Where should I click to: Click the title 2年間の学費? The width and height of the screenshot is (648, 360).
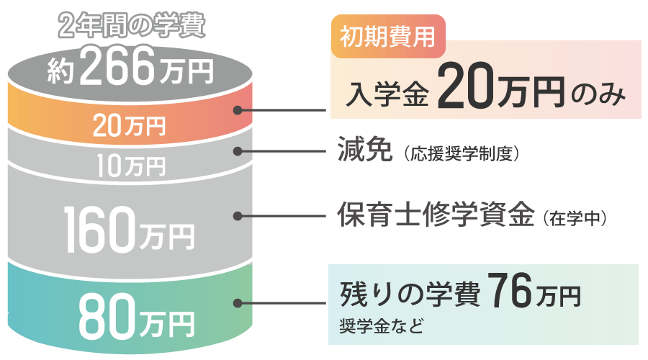click(131, 27)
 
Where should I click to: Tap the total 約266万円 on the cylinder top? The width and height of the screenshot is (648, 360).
click(131, 69)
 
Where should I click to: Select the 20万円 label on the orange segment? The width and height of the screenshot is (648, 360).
click(130, 127)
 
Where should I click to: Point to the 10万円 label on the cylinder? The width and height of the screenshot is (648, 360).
click(131, 166)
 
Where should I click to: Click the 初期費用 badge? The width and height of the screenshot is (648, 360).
click(388, 35)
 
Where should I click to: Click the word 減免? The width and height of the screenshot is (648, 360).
click(364, 150)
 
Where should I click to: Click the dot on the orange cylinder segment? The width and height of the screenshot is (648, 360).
click(238, 110)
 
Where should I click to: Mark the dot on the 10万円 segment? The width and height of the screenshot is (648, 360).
click(238, 151)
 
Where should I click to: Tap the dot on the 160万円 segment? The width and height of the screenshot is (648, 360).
click(238, 215)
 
